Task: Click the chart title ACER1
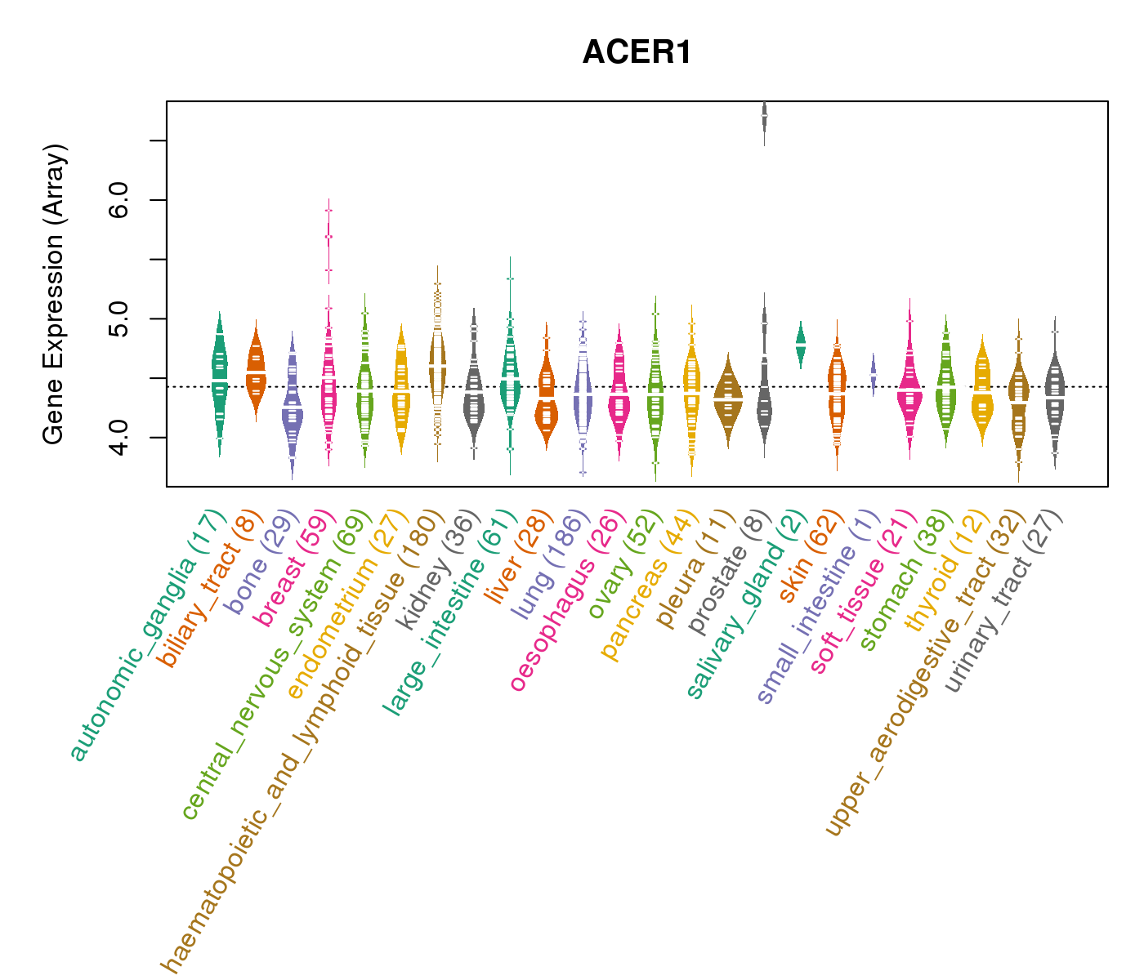click(637, 53)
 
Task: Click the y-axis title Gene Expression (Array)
click(54, 294)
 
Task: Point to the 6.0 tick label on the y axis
click(118, 200)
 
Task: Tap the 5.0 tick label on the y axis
click(118, 318)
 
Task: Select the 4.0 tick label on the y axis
click(118, 438)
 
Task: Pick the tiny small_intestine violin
click(873, 374)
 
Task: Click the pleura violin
click(728, 396)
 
